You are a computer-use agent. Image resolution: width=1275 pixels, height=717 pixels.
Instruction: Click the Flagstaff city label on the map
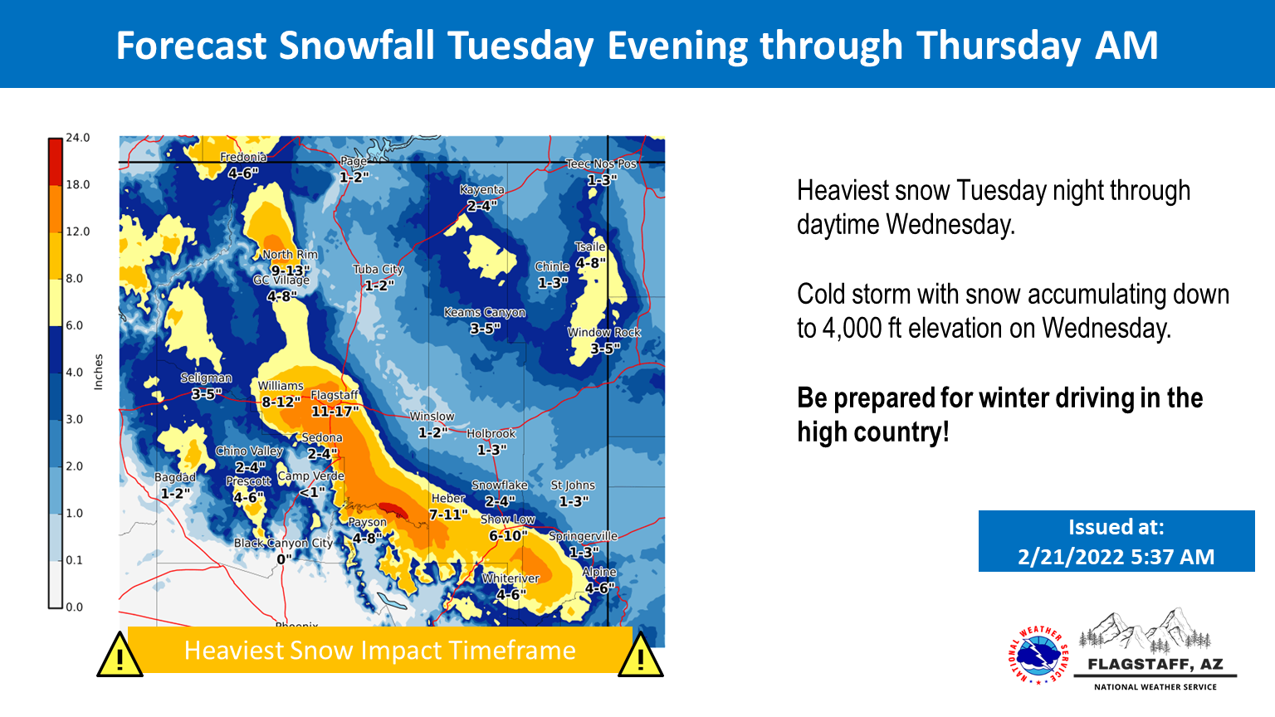coord(335,395)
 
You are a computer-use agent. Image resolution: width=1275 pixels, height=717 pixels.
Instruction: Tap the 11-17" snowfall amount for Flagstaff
coord(335,411)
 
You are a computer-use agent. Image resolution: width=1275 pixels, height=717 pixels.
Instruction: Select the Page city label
coord(354,162)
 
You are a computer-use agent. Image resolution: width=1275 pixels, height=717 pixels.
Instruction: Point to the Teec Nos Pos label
coord(601,163)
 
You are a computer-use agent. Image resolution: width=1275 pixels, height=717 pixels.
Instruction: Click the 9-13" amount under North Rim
coord(291,271)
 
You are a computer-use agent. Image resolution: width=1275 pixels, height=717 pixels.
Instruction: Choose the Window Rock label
coord(604,332)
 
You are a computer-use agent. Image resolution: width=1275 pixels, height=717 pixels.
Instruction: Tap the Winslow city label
coord(432,417)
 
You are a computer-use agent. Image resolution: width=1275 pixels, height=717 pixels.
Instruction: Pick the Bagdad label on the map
coord(175,477)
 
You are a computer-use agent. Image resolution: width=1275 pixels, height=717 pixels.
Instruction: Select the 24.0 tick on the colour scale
coord(78,138)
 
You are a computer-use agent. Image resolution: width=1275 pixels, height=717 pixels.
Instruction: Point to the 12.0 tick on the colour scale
coord(78,232)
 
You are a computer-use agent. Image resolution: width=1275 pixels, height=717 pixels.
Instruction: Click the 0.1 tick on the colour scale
coord(75,560)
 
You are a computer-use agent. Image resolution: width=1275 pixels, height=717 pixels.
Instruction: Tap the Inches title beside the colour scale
coord(99,372)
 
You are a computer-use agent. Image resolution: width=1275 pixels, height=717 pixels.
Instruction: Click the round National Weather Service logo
coord(1038,655)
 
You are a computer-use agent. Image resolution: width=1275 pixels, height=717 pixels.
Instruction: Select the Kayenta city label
coord(482,189)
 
